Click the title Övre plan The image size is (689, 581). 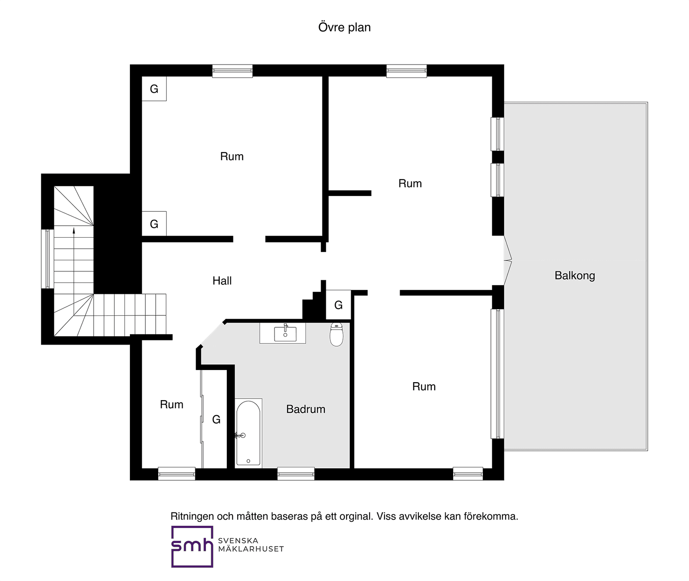tap(344, 27)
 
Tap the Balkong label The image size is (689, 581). tap(575, 276)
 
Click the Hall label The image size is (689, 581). tap(222, 281)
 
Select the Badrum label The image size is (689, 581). tap(306, 409)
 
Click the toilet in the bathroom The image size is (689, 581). tap(337, 334)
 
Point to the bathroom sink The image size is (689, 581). tap(285, 334)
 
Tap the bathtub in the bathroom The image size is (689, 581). tap(248, 433)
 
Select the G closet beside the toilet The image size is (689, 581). tap(338, 305)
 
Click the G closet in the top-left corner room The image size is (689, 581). tap(154, 89)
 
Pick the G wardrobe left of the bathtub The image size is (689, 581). tap(216, 419)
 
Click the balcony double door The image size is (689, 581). tap(508, 260)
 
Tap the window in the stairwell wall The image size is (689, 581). tap(47, 259)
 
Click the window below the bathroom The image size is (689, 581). tap(296, 474)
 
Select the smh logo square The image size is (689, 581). tap(192, 546)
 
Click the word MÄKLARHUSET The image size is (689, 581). tap(251, 549)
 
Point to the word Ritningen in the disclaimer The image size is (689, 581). tap(192, 517)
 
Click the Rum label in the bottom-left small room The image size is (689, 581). tap(172, 404)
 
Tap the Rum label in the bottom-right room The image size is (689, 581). tap(424, 386)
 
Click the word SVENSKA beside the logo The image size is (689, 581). tap(238, 540)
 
